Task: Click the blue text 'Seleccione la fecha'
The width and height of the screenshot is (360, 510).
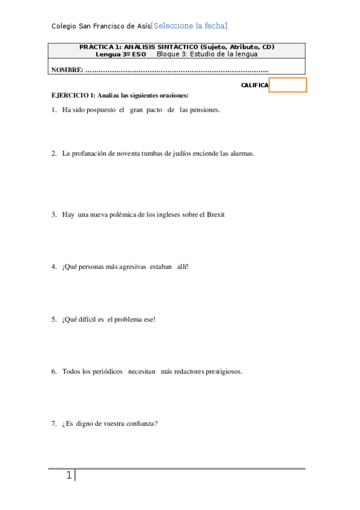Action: [x=189, y=26]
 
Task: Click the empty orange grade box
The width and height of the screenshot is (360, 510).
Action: [x=288, y=85]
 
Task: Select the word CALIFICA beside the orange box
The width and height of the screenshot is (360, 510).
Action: [x=254, y=85]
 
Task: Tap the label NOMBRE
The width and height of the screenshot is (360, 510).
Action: [x=67, y=70]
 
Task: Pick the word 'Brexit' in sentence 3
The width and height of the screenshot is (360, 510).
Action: [x=215, y=215]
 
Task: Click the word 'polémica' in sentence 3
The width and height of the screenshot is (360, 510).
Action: [x=123, y=215]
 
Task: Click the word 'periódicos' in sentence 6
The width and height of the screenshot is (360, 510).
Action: [x=107, y=371]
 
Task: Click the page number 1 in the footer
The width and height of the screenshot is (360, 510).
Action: [x=69, y=476]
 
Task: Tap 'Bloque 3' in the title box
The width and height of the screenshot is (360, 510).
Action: [x=170, y=54]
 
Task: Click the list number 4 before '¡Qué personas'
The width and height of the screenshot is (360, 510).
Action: [x=53, y=266]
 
